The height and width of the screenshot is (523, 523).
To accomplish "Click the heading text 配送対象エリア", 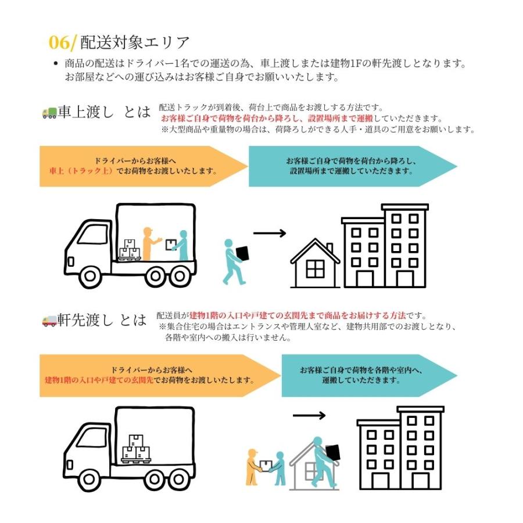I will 135,42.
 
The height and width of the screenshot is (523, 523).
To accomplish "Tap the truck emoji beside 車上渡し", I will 49,113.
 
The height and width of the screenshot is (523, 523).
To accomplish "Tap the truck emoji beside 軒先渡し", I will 49,320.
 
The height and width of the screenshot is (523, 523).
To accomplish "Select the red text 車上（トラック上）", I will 81,171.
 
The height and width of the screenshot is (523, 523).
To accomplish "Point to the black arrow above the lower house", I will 309,415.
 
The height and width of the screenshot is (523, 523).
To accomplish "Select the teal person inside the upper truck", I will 182,246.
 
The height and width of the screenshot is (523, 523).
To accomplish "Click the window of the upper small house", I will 315,269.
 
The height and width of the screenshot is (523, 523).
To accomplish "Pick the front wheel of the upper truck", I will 94,276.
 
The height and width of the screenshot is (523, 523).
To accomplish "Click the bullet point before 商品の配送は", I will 55,64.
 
